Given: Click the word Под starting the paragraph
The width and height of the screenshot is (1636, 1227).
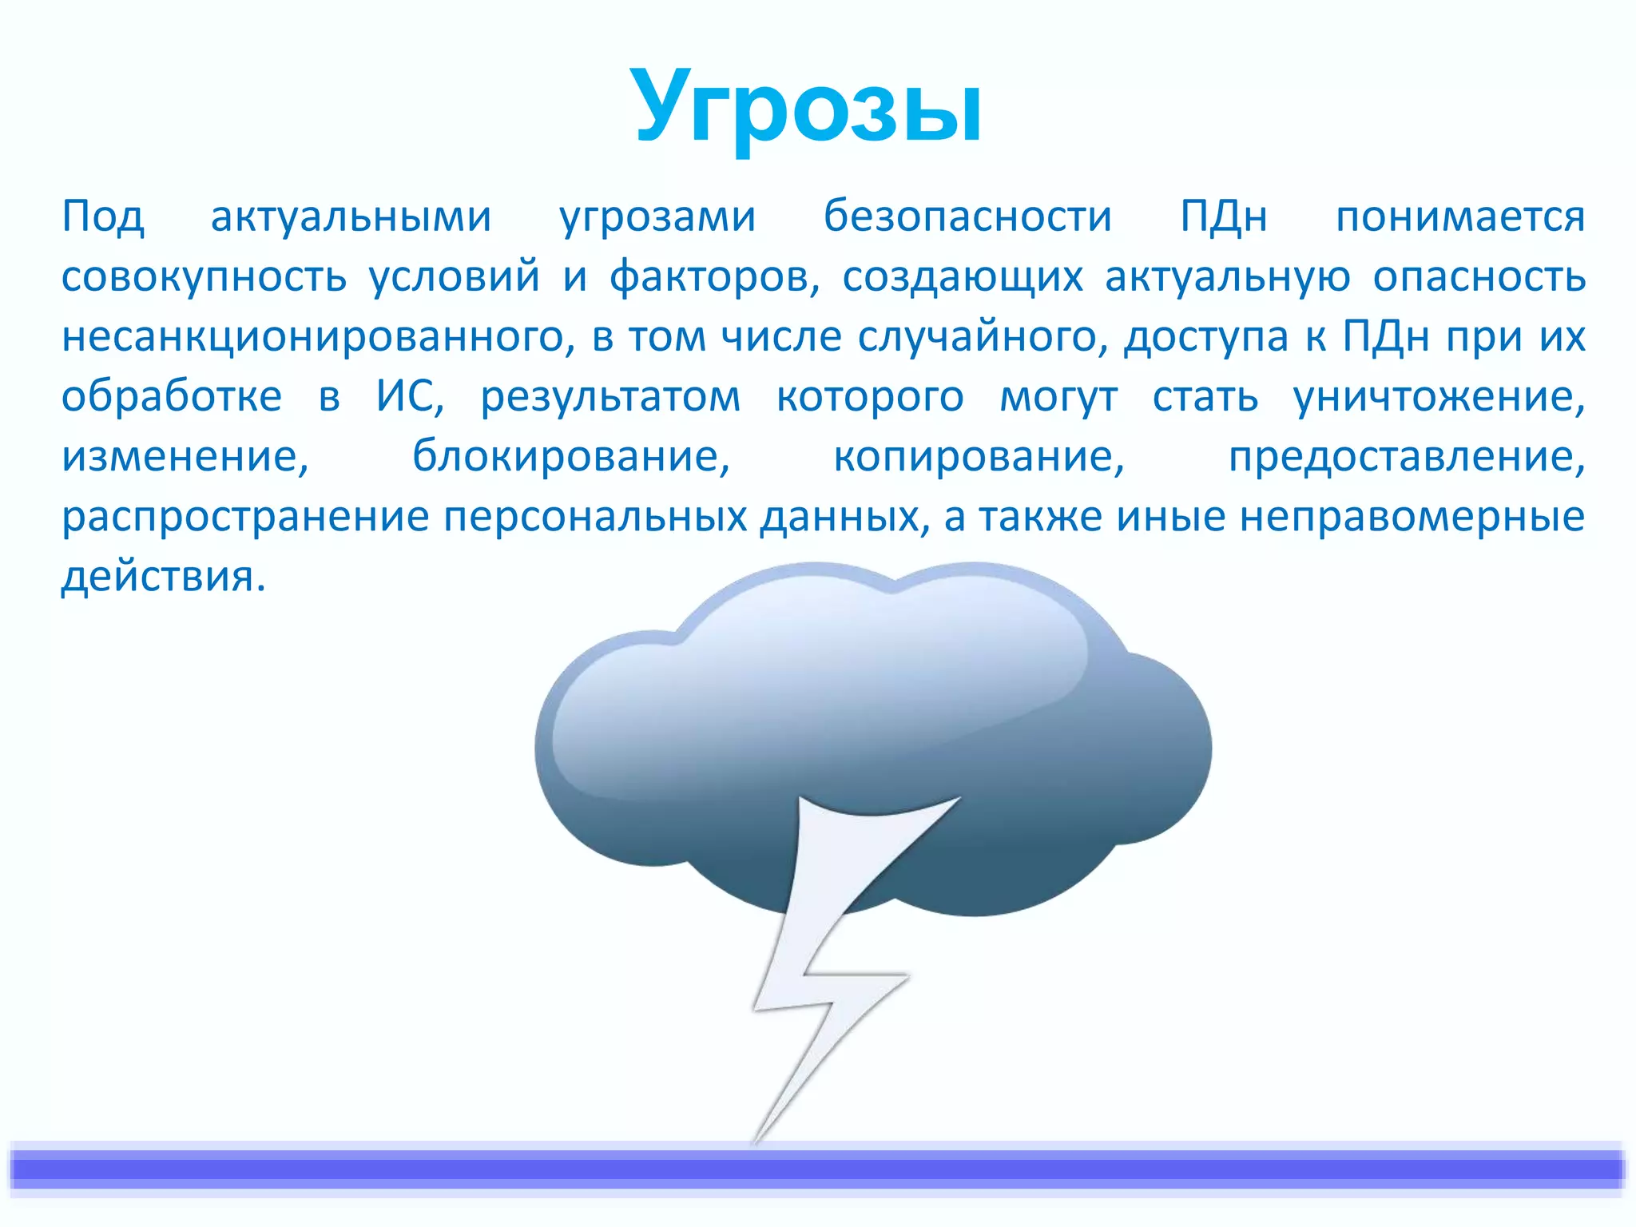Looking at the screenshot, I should click(x=103, y=216).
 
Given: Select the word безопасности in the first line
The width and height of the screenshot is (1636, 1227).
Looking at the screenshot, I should click(x=967, y=216).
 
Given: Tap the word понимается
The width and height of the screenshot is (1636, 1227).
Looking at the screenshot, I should click(x=1460, y=216).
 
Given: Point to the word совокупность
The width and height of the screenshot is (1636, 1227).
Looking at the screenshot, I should click(x=204, y=277).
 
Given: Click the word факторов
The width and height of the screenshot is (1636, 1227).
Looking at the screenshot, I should click(x=714, y=277).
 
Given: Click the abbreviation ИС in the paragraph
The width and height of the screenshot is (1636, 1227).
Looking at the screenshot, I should click(x=408, y=396).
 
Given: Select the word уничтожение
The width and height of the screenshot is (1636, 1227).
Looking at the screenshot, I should click(x=1438, y=396).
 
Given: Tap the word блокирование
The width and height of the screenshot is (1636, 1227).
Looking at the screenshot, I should click(x=570, y=456).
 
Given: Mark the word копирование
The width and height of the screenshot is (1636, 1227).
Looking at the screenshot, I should click(x=979, y=456).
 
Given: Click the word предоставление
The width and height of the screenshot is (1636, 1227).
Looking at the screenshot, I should click(x=1406, y=456).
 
